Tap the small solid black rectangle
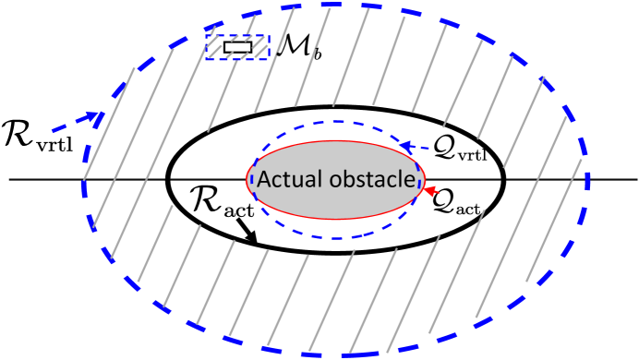pyautogui.click(x=237, y=46)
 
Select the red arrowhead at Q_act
pyautogui.click(x=428, y=190)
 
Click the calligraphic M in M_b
pyautogui.click(x=288, y=46)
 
